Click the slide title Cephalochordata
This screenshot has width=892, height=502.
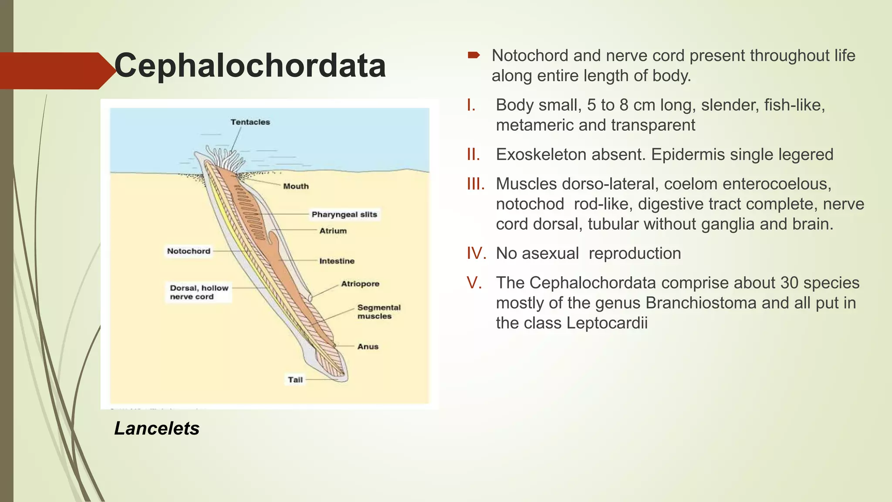(x=250, y=66)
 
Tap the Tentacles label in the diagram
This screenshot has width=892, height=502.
(x=250, y=122)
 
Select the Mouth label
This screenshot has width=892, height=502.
(x=296, y=186)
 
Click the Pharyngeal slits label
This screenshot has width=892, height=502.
(x=344, y=214)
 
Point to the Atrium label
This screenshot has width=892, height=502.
(x=333, y=231)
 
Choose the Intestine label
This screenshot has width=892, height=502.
(x=337, y=261)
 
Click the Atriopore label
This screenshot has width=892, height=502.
(x=360, y=284)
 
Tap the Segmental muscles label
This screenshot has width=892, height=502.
(x=378, y=312)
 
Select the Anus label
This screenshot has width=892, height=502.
(x=368, y=346)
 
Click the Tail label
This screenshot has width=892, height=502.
(x=295, y=380)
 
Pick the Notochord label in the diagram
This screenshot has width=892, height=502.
(x=189, y=251)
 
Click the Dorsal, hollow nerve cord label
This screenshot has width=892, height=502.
(x=199, y=292)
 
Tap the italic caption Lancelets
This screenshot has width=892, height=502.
(x=157, y=428)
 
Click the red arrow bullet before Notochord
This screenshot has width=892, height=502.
(x=473, y=55)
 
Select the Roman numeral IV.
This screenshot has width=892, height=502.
(x=476, y=253)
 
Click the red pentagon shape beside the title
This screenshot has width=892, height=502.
(x=54, y=71)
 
